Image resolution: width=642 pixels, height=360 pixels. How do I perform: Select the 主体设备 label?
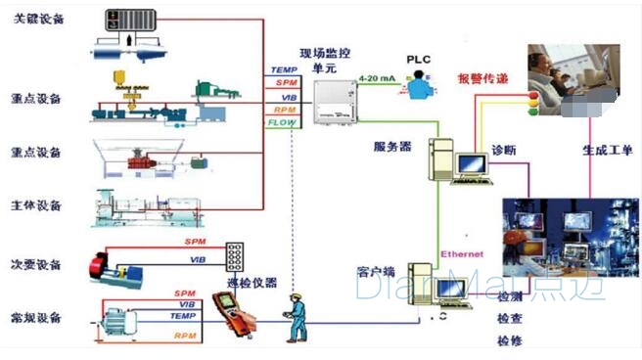tap(39, 205)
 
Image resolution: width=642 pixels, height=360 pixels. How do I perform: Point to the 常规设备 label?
tap(39, 318)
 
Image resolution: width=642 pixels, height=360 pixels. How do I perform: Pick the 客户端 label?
tap(376, 269)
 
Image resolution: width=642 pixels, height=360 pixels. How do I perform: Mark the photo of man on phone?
tap(573, 78)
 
